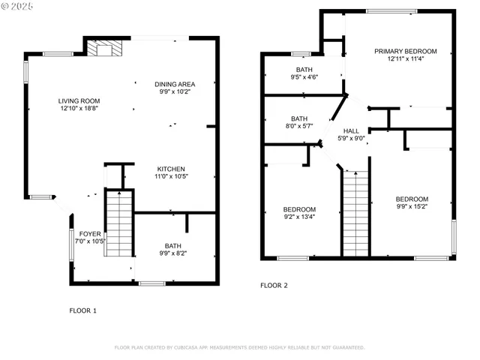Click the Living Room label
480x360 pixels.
(x=79, y=100)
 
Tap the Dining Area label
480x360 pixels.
(x=175, y=84)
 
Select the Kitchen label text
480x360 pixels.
(x=171, y=169)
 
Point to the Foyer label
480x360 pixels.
(x=90, y=234)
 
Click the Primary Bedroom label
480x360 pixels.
(x=406, y=51)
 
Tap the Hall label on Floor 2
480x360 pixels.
(x=351, y=130)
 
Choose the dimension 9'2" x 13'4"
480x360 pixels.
(x=299, y=217)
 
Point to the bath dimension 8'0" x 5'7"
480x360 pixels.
(x=299, y=126)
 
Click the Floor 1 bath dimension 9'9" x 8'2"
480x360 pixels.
(x=173, y=253)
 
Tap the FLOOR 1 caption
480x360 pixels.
(x=82, y=310)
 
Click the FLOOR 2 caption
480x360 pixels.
(x=274, y=285)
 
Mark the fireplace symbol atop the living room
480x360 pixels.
(x=100, y=49)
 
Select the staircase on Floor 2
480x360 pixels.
(x=356, y=213)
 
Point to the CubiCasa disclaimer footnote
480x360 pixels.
(x=239, y=347)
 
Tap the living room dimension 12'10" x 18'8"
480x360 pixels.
(x=79, y=109)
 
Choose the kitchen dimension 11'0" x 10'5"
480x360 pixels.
(x=171, y=177)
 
